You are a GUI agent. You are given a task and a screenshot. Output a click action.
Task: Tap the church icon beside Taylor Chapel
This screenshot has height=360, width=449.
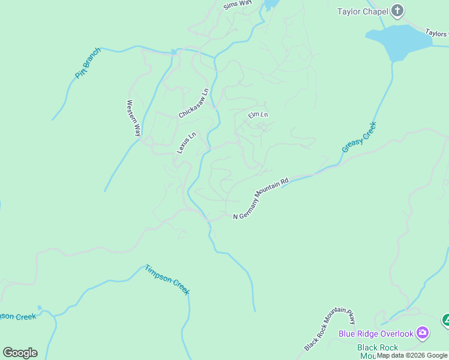(x=397, y=10)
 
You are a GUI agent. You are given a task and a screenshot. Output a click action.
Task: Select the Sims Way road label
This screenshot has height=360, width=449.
(x=237, y=5)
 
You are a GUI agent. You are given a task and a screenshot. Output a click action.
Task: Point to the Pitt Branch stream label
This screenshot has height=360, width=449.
(x=88, y=63)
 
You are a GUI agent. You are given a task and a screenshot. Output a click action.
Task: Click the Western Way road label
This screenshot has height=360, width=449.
(x=133, y=118)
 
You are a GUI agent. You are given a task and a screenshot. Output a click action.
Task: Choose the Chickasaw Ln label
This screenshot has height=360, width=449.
(x=193, y=103)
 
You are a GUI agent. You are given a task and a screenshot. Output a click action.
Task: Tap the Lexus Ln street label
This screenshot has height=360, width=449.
(x=186, y=143)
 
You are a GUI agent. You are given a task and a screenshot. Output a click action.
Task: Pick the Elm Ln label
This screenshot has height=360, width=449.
(x=258, y=114)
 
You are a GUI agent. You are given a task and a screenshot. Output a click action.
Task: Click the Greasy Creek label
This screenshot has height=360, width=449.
(x=358, y=137)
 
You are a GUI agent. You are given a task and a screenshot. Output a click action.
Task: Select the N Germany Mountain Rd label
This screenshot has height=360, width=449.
(x=261, y=198)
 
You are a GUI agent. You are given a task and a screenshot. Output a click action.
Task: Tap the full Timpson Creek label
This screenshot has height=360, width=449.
(x=167, y=279)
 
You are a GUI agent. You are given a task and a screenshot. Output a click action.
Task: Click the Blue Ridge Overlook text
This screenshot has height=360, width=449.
(x=376, y=334)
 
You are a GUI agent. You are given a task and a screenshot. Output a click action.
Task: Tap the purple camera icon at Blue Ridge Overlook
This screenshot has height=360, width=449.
(x=423, y=333)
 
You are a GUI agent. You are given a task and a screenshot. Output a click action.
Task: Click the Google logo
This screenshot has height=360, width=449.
(x=20, y=353)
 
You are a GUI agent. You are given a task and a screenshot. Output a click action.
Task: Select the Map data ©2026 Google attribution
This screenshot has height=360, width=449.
(x=412, y=356)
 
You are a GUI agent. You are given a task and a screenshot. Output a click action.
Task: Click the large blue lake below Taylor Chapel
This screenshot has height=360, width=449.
(x=396, y=41)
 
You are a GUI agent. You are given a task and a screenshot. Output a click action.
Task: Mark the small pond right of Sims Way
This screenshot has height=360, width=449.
(x=271, y=4)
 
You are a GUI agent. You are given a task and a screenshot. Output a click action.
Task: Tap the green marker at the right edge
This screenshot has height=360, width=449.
(x=445, y=320)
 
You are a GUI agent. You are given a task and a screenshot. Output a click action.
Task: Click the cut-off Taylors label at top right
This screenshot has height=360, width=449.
(x=436, y=34)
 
